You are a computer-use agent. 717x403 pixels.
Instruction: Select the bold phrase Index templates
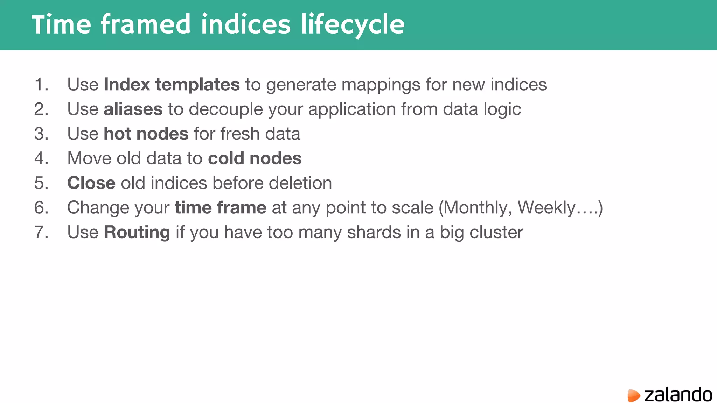coord(172,85)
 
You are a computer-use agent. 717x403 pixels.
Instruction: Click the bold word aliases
coord(133,109)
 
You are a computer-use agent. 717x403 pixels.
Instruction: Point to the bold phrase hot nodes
coord(146,134)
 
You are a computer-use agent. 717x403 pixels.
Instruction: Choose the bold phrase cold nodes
coord(255,158)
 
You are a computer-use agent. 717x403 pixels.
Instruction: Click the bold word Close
coord(91,183)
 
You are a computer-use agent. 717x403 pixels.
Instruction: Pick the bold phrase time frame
coord(221,208)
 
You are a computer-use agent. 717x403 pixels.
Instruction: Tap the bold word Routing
coord(137,232)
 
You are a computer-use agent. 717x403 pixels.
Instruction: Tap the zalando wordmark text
coord(678,395)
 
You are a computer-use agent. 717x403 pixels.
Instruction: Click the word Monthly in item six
coord(478,208)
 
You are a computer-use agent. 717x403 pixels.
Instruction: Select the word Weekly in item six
coord(546,208)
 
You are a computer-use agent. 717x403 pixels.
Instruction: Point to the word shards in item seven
coord(374,232)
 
